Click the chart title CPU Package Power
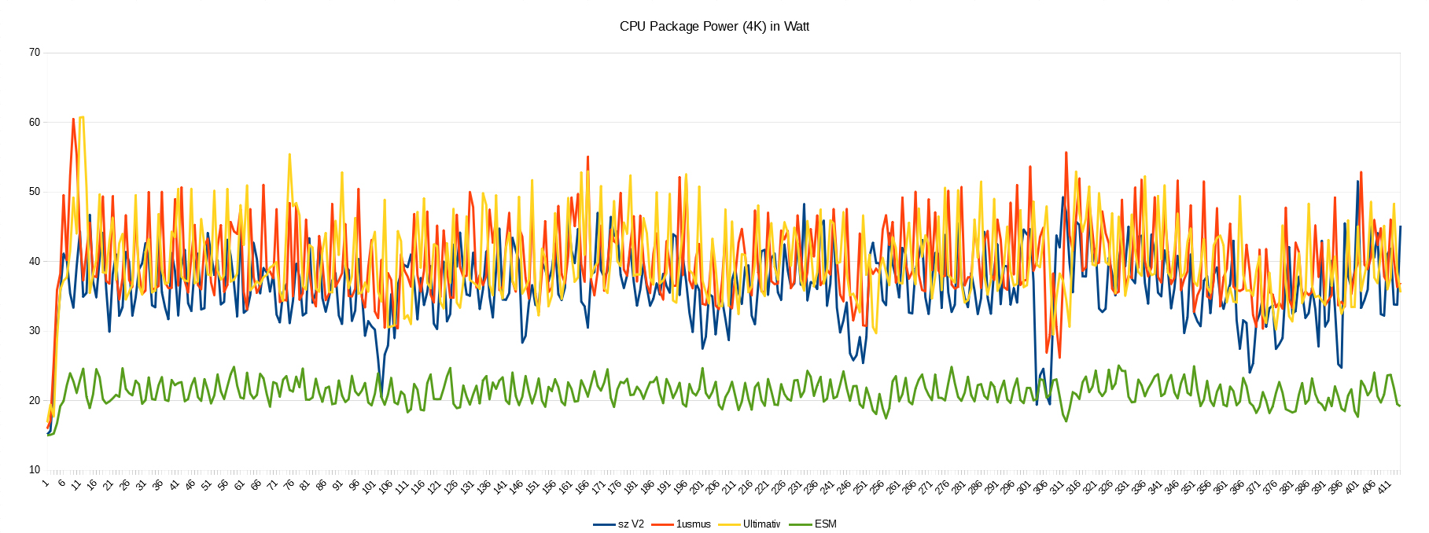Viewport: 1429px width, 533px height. pyautogui.click(x=713, y=26)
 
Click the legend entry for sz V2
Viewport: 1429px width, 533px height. pyautogui.click(x=630, y=524)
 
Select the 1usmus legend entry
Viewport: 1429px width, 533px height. pyautogui.click(x=693, y=524)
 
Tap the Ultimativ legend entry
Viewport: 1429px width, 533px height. pyautogui.click(x=761, y=524)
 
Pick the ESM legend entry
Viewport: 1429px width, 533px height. pyautogui.click(x=825, y=524)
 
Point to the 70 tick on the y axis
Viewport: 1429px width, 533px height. pyautogui.click(x=34, y=53)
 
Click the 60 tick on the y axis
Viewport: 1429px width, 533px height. pyautogui.click(x=34, y=122)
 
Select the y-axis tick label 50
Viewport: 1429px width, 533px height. pyautogui.click(x=34, y=192)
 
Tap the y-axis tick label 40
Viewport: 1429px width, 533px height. pyautogui.click(x=34, y=261)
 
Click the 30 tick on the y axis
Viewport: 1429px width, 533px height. pyautogui.click(x=34, y=330)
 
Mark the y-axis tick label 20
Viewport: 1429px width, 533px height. pyautogui.click(x=34, y=400)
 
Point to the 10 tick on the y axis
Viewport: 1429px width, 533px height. pyautogui.click(x=34, y=469)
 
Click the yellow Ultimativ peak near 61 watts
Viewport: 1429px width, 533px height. pyautogui.click(x=81, y=117)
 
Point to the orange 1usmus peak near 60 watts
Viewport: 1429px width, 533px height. pyautogui.click(x=73, y=119)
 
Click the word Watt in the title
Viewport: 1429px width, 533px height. pyautogui.click(x=796, y=26)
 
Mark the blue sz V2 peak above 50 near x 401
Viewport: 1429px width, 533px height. pyautogui.click(x=1357, y=182)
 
